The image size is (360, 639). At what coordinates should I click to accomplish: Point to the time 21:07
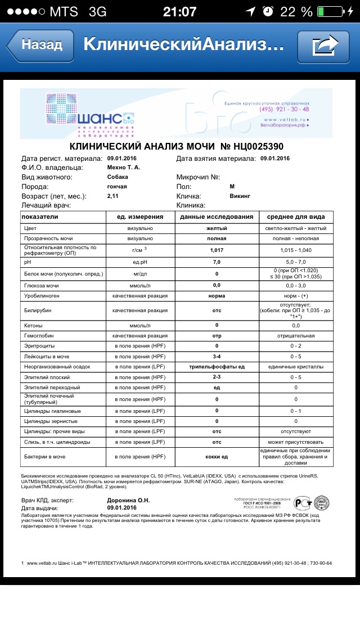179,12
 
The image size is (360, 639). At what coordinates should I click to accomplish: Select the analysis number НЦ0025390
252,147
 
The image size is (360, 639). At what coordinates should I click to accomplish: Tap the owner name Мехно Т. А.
124,168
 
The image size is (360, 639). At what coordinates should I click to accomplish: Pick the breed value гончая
117,187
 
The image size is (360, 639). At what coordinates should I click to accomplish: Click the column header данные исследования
217,217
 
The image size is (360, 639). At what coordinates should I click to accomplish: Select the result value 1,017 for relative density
217,250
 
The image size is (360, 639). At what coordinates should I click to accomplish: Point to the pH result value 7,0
217,262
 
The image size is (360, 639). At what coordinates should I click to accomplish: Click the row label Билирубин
36,310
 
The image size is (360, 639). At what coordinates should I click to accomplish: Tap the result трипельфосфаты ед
217,366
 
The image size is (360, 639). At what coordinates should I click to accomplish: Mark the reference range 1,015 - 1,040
296,250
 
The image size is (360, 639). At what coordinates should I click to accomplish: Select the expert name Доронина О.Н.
128,500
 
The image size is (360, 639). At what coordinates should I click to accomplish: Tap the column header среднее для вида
296,217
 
